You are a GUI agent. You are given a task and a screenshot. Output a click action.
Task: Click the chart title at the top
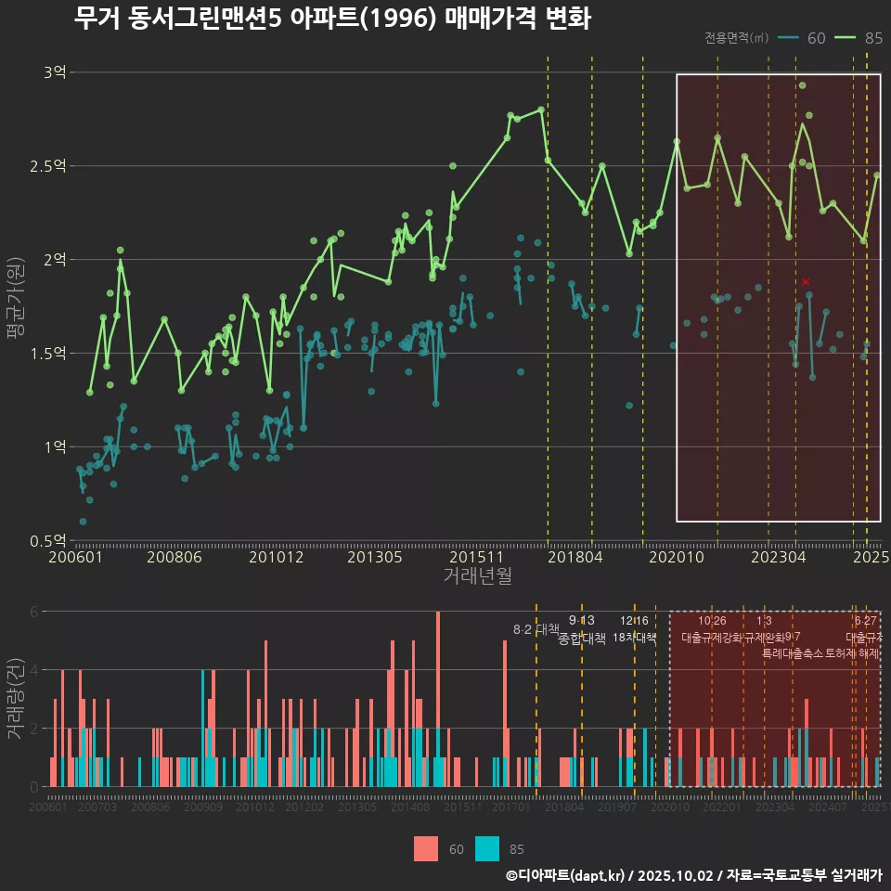pos(332,19)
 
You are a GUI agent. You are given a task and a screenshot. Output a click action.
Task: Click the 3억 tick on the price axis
pos(55,72)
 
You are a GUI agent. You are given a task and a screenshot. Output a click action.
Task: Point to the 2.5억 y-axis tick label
pos(50,166)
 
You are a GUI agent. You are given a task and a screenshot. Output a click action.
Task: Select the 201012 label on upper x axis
pos(277,558)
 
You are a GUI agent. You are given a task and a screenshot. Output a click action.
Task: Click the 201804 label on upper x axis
pos(575,558)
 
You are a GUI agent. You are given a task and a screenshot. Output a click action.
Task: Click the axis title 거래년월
pos(477,576)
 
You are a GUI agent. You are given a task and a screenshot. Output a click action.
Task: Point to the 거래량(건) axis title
pos(16,699)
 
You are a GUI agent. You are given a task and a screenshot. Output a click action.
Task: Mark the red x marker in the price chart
pos(806,281)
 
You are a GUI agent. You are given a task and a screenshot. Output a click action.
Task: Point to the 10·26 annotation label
pos(712,620)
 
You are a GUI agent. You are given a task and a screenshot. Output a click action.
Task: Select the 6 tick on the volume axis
pos(33,612)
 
